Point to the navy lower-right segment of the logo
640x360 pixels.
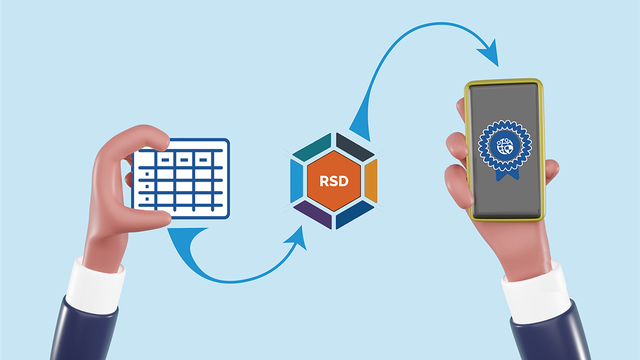click(356, 214)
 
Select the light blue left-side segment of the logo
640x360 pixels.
click(296, 181)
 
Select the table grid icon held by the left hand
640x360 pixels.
click(181, 179)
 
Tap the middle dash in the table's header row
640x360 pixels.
click(182, 159)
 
